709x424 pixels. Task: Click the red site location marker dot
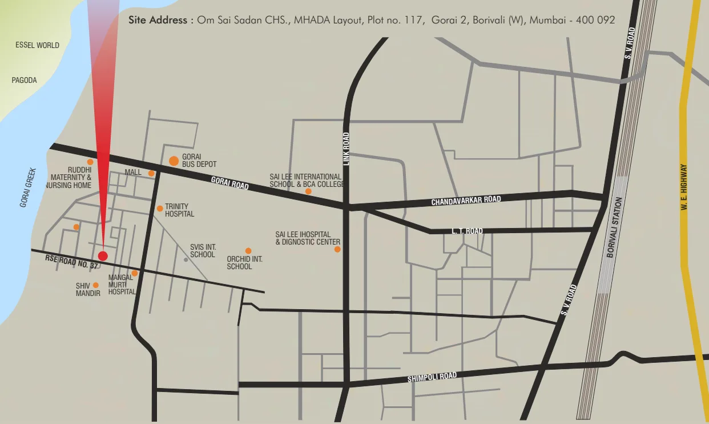[103, 255]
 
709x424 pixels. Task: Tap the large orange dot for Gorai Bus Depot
[174, 161]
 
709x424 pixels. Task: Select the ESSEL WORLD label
[37, 45]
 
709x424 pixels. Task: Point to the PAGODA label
[25, 81]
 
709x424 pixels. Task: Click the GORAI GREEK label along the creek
[28, 187]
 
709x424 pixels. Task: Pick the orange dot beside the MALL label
[151, 173]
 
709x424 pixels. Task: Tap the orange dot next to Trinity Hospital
[160, 209]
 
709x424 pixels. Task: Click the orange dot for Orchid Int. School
[248, 251]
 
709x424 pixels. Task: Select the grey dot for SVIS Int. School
[186, 260]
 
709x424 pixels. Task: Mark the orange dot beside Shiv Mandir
[95, 285]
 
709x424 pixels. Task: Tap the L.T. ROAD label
[467, 231]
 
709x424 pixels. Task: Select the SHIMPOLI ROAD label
[432, 377]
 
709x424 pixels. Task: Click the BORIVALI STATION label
[614, 227]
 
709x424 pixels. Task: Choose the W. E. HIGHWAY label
[684, 188]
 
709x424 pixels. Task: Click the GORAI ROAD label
[229, 183]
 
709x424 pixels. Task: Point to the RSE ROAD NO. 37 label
[72, 262]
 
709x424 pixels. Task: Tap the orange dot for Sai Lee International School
[308, 191]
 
